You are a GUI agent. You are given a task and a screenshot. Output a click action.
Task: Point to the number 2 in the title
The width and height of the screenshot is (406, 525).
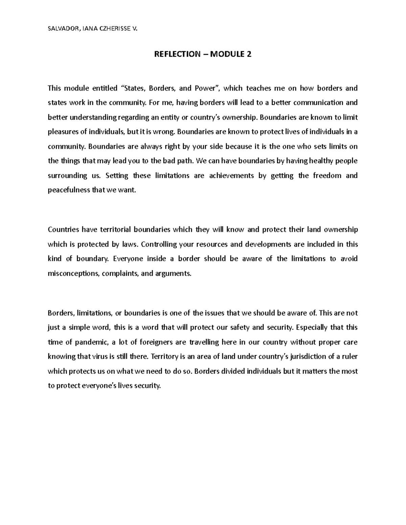coord(249,54)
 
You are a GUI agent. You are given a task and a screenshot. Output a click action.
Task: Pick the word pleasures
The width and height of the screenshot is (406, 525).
coord(62,132)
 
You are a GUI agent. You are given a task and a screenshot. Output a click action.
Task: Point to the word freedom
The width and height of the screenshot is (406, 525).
coord(327,176)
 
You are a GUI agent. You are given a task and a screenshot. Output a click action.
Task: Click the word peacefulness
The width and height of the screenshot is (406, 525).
coord(69,190)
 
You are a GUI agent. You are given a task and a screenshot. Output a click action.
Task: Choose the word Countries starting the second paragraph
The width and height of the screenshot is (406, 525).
coord(63,230)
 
